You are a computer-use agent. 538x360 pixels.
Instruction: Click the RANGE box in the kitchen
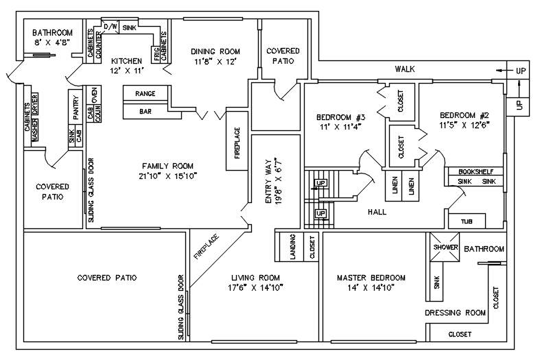click(145, 93)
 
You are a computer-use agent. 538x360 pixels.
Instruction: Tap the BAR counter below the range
click(145, 110)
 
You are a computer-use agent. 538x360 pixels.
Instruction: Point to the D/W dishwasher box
click(111, 26)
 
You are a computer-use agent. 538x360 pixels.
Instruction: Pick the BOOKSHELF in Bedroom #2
click(475, 171)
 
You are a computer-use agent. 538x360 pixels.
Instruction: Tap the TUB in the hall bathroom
click(467, 221)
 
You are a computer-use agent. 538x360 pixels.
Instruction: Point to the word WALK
click(404, 69)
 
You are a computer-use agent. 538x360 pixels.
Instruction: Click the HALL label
click(377, 212)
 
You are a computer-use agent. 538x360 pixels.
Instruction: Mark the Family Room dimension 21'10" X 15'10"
click(169, 176)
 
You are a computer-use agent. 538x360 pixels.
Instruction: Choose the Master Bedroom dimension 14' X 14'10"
click(371, 289)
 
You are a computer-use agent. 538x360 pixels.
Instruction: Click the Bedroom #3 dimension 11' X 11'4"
click(339, 126)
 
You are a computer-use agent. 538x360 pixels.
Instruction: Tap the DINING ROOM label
click(215, 51)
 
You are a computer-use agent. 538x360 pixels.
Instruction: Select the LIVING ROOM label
click(255, 278)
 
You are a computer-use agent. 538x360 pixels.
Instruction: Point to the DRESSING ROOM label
click(455, 313)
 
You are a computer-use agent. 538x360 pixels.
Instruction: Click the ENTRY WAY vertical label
click(269, 184)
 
